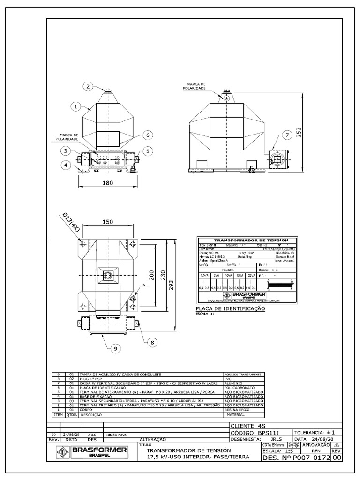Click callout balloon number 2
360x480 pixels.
pos(89,86)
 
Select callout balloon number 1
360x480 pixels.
pos(76,106)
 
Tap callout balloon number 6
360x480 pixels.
pos(147,135)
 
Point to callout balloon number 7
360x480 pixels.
pos(286,136)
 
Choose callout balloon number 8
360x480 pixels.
pos(152,343)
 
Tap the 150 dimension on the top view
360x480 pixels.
pos(108,222)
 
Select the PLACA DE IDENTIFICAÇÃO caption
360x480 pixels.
pos(230,309)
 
